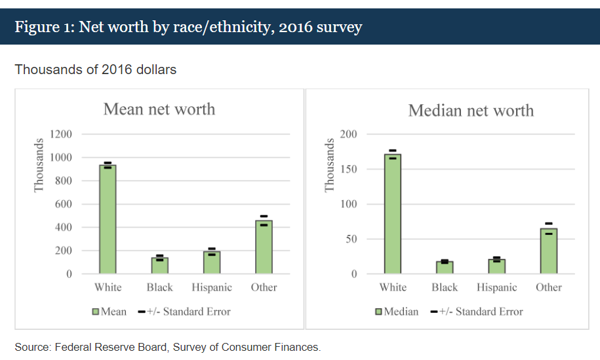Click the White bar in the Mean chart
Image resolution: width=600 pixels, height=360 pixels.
click(x=108, y=219)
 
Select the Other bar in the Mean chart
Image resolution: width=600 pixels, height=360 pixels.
click(x=264, y=247)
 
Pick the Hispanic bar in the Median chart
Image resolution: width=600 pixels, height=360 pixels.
click(x=496, y=266)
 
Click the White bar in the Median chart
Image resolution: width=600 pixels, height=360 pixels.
click(x=392, y=214)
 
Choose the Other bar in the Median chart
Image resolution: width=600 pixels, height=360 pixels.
click(x=548, y=251)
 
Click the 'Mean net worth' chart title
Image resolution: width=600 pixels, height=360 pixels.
click(x=159, y=109)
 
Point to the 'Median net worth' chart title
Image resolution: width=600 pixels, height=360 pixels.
click(x=471, y=110)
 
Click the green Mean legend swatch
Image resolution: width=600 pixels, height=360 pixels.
click(x=96, y=311)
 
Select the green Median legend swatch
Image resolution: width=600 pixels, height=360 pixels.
click(x=378, y=311)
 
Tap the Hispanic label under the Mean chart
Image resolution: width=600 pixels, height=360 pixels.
click(x=212, y=287)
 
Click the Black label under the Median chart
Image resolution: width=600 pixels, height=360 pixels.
click(x=445, y=287)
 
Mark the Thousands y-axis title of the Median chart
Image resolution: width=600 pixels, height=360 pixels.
click(x=330, y=166)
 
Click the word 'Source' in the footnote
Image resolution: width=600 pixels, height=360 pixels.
click(x=31, y=347)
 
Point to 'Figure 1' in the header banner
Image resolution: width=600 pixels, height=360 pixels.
click(x=43, y=28)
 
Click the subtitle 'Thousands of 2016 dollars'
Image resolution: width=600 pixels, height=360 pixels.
click(x=96, y=69)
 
